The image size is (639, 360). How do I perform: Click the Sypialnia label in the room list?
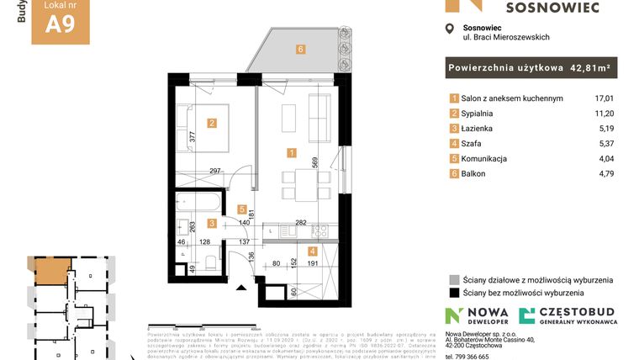(x=479, y=114)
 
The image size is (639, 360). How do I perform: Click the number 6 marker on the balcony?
(x=300, y=49)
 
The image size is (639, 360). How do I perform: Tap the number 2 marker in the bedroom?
(x=212, y=124)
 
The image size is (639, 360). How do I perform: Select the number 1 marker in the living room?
(x=291, y=153)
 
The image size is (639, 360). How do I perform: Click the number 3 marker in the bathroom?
(x=212, y=223)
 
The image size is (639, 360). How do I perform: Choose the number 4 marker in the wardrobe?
(x=311, y=251)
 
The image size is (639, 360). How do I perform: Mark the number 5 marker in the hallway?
(x=241, y=209)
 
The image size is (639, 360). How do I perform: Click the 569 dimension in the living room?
(x=314, y=163)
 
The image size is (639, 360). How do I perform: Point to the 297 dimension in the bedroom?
(x=215, y=171)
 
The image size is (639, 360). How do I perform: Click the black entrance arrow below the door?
(x=242, y=288)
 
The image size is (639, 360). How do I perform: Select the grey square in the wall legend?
(x=455, y=280)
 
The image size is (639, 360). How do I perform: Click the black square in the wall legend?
(x=455, y=294)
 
